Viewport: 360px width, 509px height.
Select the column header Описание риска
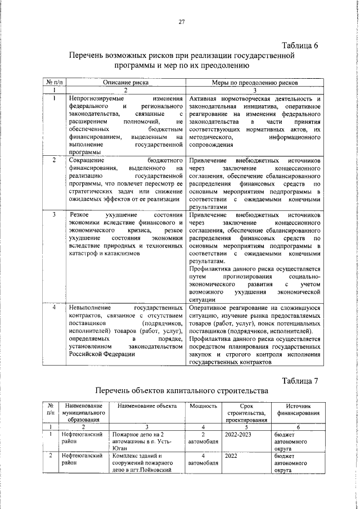tap(125, 82)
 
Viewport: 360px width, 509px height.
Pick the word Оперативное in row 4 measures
tap(211, 308)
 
